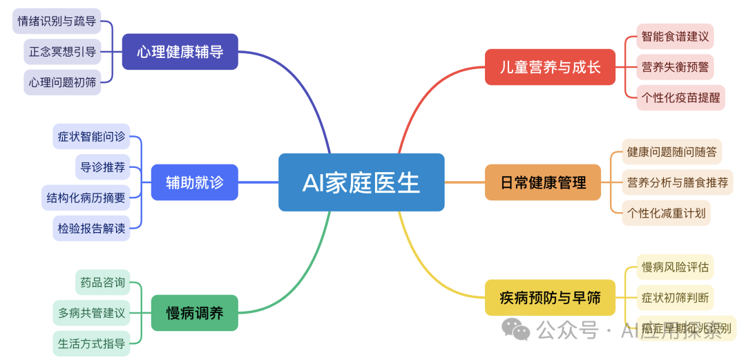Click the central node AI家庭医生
[x=361, y=182]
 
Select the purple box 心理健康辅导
[x=180, y=52]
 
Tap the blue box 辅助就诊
[x=194, y=182]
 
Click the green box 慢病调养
[x=195, y=312]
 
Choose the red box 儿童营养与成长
[x=550, y=67]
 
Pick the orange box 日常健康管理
[x=543, y=182]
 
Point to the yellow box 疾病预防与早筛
[x=550, y=298]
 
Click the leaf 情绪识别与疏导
[x=57, y=21]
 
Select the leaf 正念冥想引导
[x=62, y=51]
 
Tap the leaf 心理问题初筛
[x=62, y=82]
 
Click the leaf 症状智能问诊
[x=91, y=136]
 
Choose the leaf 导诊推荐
[x=102, y=167]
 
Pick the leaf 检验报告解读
[x=91, y=228]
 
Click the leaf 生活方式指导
[x=91, y=343]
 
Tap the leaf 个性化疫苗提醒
[x=681, y=97]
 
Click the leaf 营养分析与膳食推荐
[x=678, y=182]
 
